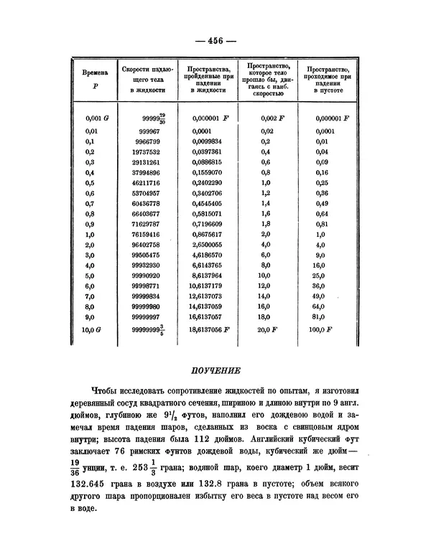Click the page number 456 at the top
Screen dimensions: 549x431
tap(215, 40)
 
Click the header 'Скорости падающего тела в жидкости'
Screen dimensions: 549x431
tap(147, 78)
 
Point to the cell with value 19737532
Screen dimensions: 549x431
tap(145, 152)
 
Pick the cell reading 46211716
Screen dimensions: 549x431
tap(145, 183)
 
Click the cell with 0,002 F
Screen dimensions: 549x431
tap(272, 118)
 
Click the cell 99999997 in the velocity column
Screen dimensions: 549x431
tap(145, 314)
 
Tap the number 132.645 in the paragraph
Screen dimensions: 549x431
tap(96, 487)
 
